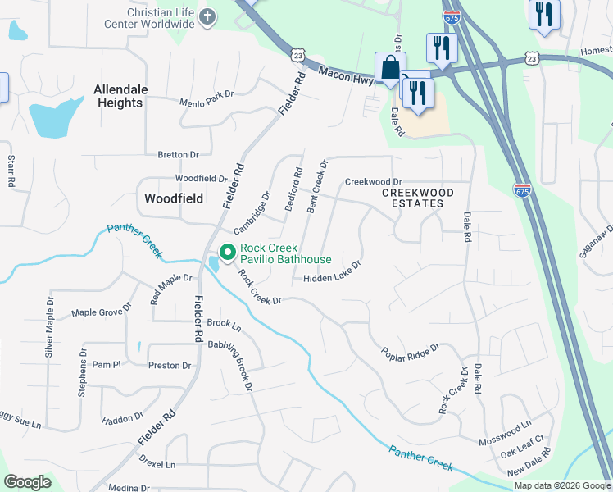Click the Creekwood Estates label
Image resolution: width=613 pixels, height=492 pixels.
click(x=418, y=197)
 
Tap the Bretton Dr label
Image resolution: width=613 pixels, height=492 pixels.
click(x=178, y=154)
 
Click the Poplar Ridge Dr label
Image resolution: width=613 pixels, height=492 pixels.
click(x=411, y=351)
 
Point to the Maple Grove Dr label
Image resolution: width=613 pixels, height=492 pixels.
click(x=101, y=312)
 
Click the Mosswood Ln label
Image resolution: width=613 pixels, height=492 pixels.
click(x=505, y=435)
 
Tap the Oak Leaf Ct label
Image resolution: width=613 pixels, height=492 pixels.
click(x=522, y=451)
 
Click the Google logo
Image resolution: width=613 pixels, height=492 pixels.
click(x=27, y=482)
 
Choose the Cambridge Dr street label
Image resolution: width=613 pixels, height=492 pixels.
click(x=252, y=213)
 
